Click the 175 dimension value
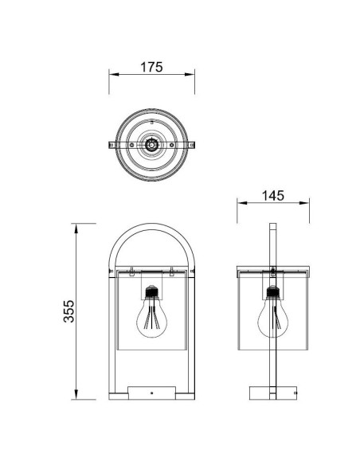coord(151,67)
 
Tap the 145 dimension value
coord(273,196)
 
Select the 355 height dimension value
coord(69,311)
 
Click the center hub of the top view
coord(151,145)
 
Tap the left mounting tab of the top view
coord(112,145)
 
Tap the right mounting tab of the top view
coord(192,145)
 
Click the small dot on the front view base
coord(151,393)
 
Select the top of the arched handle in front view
coord(151,226)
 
